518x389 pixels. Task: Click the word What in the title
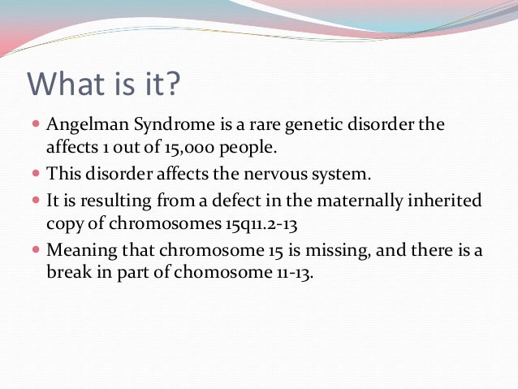pyautogui.click(x=67, y=85)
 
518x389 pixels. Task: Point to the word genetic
pyautogui.click(x=313, y=127)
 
